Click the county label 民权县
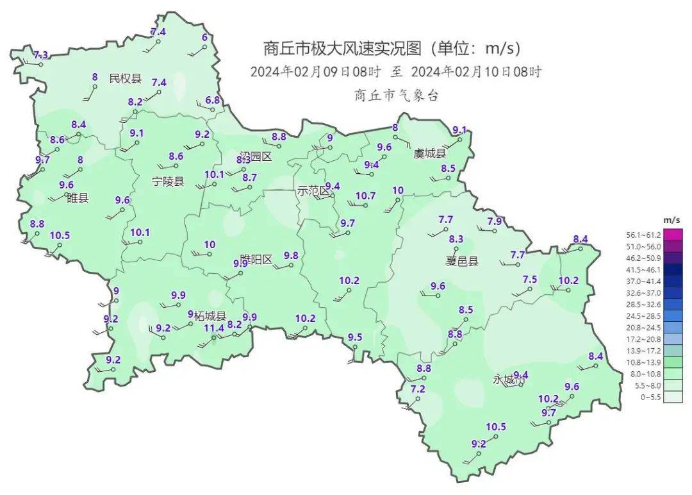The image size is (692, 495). click(125, 78)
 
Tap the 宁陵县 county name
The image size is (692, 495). click(168, 181)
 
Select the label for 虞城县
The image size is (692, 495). click(429, 153)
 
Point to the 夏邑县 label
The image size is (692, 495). click(462, 261)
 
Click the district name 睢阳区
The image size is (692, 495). click(256, 259)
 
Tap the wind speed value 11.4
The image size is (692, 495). click(214, 328)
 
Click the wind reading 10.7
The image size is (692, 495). click(365, 196)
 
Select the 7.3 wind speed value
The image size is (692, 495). click(40, 55)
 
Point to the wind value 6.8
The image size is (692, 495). click(213, 100)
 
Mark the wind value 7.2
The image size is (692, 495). click(418, 389)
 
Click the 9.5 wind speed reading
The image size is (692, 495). click(355, 337)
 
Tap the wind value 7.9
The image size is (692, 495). click(495, 221)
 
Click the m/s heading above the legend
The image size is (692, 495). click(671, 220)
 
